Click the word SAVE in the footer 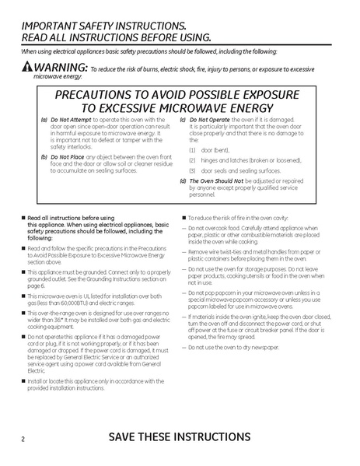tap(128, 436)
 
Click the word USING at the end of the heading tap(190, 37)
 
